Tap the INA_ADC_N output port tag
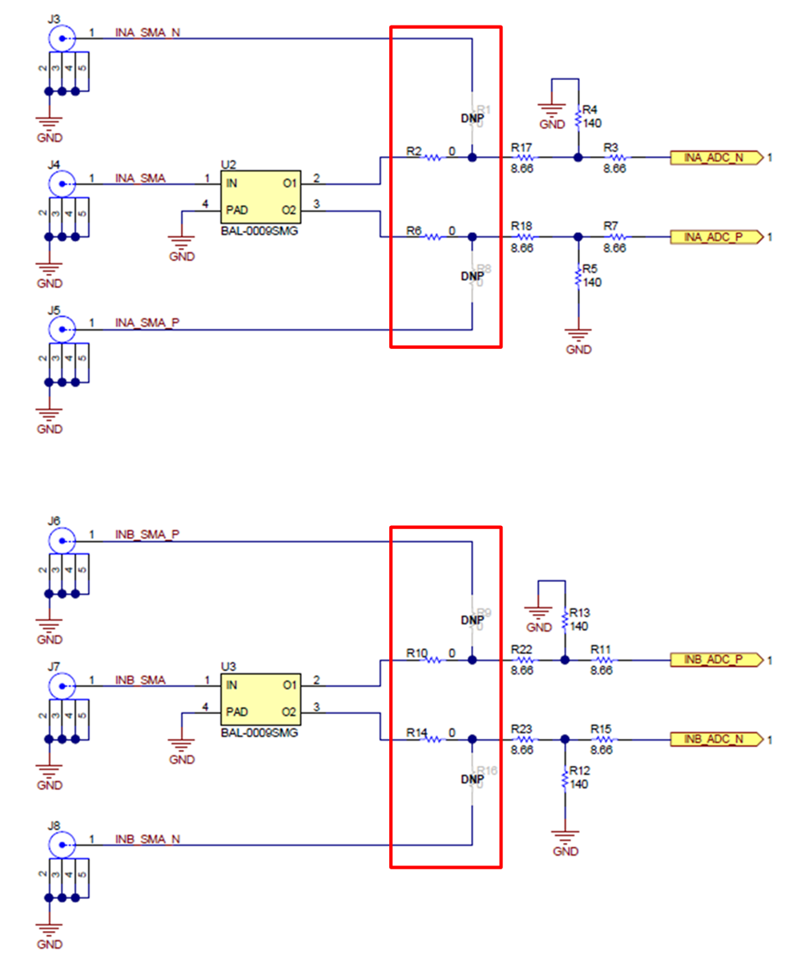[714, 158]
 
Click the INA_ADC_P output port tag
[714, 237]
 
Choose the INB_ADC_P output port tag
[714, 660]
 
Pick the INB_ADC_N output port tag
[714, 739]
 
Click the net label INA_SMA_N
[147, 33]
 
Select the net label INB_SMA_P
[147, 534]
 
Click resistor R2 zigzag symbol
[433, 158]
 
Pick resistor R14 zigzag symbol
[433, 739]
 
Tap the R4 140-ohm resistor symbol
[578, 118]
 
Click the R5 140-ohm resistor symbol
[578, 277]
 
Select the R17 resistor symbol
[524, 158]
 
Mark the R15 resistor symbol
[603, 739]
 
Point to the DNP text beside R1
[473, 118]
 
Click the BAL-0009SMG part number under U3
[259, 732]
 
